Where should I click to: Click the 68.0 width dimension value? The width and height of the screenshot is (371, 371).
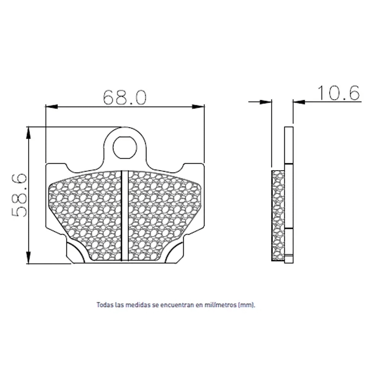(125, 97)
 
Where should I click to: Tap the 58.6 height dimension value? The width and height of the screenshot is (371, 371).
(19, 195)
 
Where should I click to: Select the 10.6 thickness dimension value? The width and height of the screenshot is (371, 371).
(339, 93)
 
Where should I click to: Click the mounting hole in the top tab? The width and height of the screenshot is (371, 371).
(125, 147)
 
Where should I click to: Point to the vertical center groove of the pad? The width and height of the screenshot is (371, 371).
(125, 216)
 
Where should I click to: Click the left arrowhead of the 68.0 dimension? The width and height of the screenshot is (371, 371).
(51, 107)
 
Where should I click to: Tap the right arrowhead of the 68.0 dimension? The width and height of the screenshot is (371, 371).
(198, 107)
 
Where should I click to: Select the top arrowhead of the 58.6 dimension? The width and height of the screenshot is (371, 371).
(28, 133)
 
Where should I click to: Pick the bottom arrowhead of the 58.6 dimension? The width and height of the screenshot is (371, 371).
(28, 257)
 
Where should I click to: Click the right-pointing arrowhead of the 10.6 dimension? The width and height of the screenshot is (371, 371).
(265, 102)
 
